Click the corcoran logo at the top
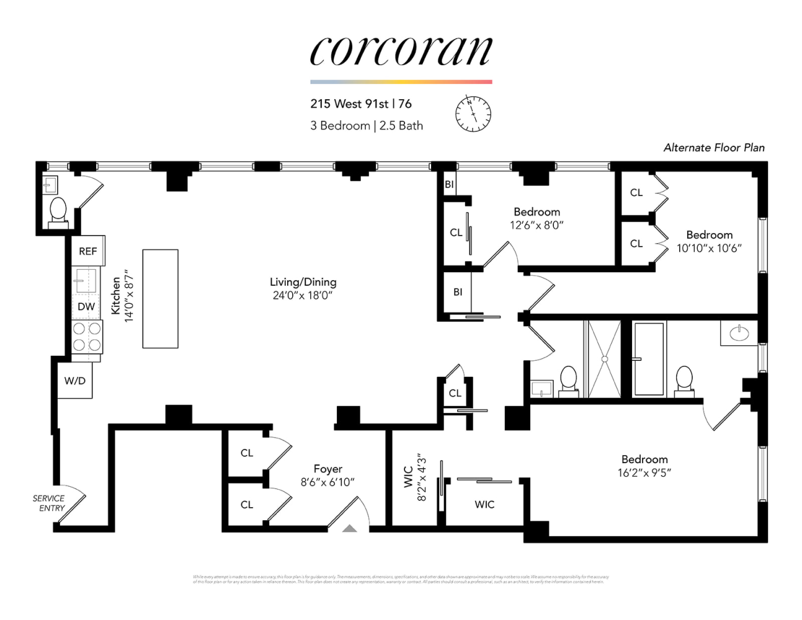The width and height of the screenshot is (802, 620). click(x=401, y=51)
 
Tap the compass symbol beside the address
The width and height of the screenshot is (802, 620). click(x=473, y=114)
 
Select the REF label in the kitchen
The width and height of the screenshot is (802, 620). click(x=87, y=251)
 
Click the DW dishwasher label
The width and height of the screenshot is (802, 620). click(x=86, y=306)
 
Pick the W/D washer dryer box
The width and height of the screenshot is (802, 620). click(x=75, y=381)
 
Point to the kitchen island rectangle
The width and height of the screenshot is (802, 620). click(x=160, y=298)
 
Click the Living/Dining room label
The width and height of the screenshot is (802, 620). click(x=303, y=282)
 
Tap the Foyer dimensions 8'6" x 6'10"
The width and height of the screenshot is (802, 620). click(x=327, y=482)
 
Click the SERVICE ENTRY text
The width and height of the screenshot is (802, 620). click(x=49, y=503)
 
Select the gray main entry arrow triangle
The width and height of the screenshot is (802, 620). click(x=350, y=529)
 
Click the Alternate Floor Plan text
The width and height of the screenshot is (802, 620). click(x=713, y=148)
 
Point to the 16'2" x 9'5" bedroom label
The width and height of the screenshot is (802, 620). click(x=644, y=473)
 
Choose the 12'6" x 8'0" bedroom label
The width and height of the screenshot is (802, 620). click(x=537, y=226)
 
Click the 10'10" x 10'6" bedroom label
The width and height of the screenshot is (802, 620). click(x=708, y=249)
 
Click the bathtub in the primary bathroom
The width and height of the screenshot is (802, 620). click(x=648, y=358)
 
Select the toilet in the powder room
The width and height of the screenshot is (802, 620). click(x=58, y=210)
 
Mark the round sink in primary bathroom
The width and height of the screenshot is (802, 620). click(x=739, y=334)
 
